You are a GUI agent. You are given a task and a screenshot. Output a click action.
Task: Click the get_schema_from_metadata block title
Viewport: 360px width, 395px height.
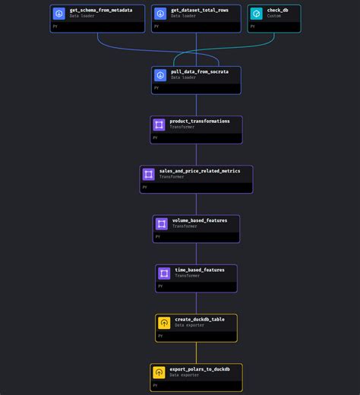tap(100, 10)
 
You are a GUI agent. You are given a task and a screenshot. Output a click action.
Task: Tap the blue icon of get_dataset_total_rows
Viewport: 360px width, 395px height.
tap(159, 13)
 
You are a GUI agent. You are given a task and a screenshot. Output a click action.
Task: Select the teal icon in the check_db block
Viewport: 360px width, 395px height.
tap(257, 13)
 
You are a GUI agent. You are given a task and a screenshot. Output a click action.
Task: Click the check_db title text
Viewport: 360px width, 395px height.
tap(277, 10)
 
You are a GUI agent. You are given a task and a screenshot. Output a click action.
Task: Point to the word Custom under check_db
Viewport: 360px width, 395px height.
tap(274, 16)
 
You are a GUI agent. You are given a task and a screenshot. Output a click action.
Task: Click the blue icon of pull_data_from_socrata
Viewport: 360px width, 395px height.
tap(160, 75)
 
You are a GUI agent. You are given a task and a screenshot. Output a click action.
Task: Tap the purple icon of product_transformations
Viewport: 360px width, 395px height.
tap(159, 125)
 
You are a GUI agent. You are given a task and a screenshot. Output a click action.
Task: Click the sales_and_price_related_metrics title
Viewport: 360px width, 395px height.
tap(200, 171)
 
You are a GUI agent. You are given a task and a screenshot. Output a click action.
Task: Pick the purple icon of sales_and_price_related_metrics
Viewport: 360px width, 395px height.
tap(149, 175)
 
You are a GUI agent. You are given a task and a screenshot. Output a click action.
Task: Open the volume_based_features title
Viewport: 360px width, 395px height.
tap(200, 220)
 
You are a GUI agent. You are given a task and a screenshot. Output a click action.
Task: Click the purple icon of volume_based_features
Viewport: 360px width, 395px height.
tap(162, 224)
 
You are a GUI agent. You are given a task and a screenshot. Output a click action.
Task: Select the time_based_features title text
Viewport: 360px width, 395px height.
tap(200, 270)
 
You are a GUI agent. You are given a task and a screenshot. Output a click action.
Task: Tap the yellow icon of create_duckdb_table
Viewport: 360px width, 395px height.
tap(164, 323)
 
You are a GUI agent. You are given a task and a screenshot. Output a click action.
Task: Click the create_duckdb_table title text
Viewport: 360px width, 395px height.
tap(199, 319)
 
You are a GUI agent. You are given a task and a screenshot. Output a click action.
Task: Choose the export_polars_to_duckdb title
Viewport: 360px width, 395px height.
tap(200, 368)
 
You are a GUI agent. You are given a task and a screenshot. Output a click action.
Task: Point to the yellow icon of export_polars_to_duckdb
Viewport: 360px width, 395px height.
tap(159, 372)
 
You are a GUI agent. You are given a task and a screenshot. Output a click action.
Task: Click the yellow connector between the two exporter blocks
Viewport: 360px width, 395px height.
tap(197, 352)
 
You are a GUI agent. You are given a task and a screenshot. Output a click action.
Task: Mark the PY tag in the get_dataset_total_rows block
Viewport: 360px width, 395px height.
tap(156, 26)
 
